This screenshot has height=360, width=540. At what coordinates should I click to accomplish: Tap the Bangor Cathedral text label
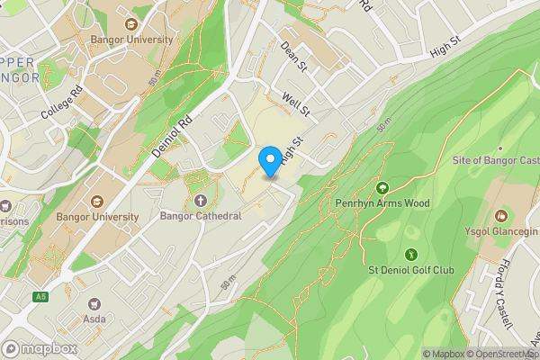[200, 216]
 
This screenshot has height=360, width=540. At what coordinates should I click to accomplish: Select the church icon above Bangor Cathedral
[200, 200]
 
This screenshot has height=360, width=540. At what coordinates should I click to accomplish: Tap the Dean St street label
[294, 55]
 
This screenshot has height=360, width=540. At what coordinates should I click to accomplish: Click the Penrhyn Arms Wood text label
[382, 203]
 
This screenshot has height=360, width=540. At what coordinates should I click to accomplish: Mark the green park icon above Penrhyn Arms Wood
[382, 188]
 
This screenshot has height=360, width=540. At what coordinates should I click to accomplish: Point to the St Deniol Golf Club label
[411, 270]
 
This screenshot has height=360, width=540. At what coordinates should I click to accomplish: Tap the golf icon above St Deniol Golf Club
[411, 255]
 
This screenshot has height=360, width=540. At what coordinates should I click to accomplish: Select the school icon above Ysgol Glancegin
[501, 216]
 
